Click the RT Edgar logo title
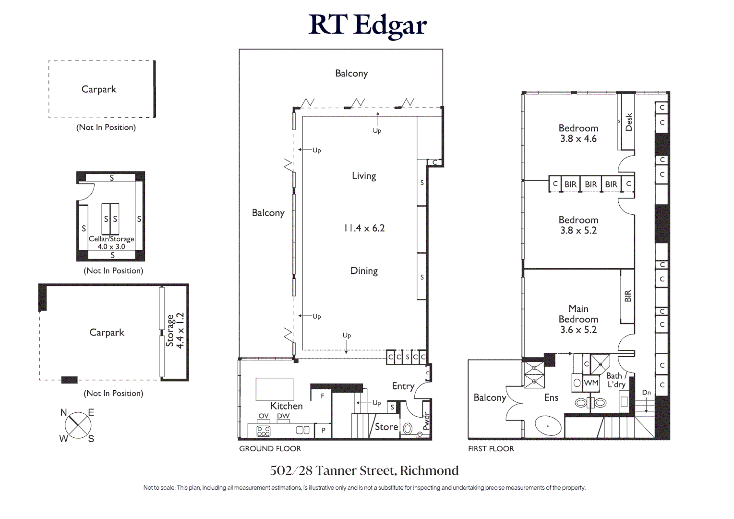[x=367, y=25]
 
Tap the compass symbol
[x=77, y=425]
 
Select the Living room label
[x=364, y=176]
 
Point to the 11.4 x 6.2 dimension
[x=364, y=228]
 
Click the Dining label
[x=364, y=271]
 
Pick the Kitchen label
[x=287, y=406]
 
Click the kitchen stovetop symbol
[x=264, y=431]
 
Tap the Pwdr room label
[x=426, y=421]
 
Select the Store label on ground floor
[x=386, y=427]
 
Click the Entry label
[x=403, y=386]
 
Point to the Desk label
[x=628, y=122]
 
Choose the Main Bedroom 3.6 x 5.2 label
[x=578, y=319]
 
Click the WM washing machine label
[x=591, y=383]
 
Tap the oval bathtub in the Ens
[x=548, y=426]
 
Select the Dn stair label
[x=647, y=393]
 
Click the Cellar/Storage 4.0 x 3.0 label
[x=111, y=243]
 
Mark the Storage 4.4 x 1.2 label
[x=175, y=331]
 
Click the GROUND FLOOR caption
[x=270, y=448]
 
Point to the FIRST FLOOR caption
[x=491, y=448]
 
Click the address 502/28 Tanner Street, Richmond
[x=364, y=470]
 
